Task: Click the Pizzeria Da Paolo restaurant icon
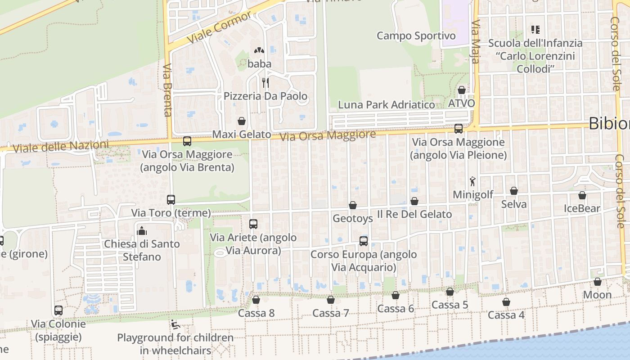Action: point(265,83)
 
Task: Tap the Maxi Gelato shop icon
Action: point(242,121)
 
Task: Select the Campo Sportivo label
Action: point(416,36)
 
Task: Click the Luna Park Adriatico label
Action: point(387,105)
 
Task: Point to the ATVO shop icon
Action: point(462,90)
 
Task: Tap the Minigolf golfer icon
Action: point(472,181)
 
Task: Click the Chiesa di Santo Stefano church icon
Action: point(142,231)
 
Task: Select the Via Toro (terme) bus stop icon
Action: point(171,199)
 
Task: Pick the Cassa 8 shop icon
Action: point(256,300)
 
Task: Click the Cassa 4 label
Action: point(506,315)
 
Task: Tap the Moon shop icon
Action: point(598,282)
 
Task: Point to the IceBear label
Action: point(582,209)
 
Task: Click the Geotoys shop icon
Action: point(353,205)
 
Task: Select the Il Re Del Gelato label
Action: point(414,214)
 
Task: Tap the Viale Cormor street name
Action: point(219,27)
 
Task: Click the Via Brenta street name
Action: point(167,90)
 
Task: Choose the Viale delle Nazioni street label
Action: point(61,147)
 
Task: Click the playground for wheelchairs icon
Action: point(175,324)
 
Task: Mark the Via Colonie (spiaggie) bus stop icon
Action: point(58,310)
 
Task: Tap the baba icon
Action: point(259,51)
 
